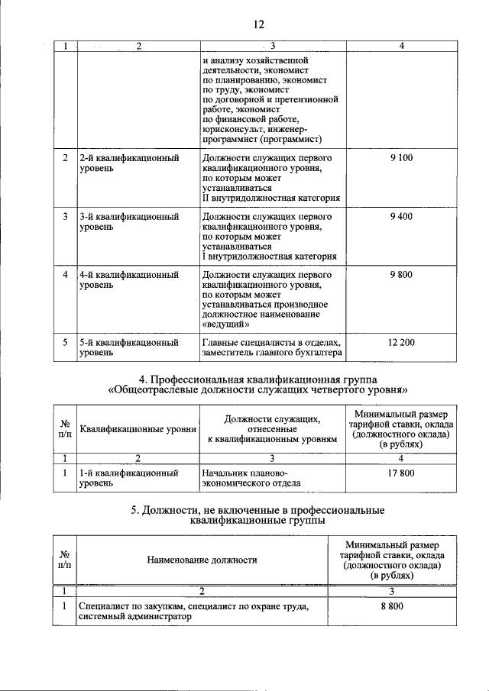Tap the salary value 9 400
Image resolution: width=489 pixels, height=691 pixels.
401,217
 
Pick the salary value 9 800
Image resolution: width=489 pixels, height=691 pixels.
401,274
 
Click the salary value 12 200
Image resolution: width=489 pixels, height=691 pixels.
401,342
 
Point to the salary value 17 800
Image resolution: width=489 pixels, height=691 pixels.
401,473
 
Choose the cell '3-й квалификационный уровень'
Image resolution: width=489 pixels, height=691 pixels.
128,222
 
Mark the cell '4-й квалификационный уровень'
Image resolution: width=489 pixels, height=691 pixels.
128,279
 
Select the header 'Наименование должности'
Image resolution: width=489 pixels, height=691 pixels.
202,560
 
